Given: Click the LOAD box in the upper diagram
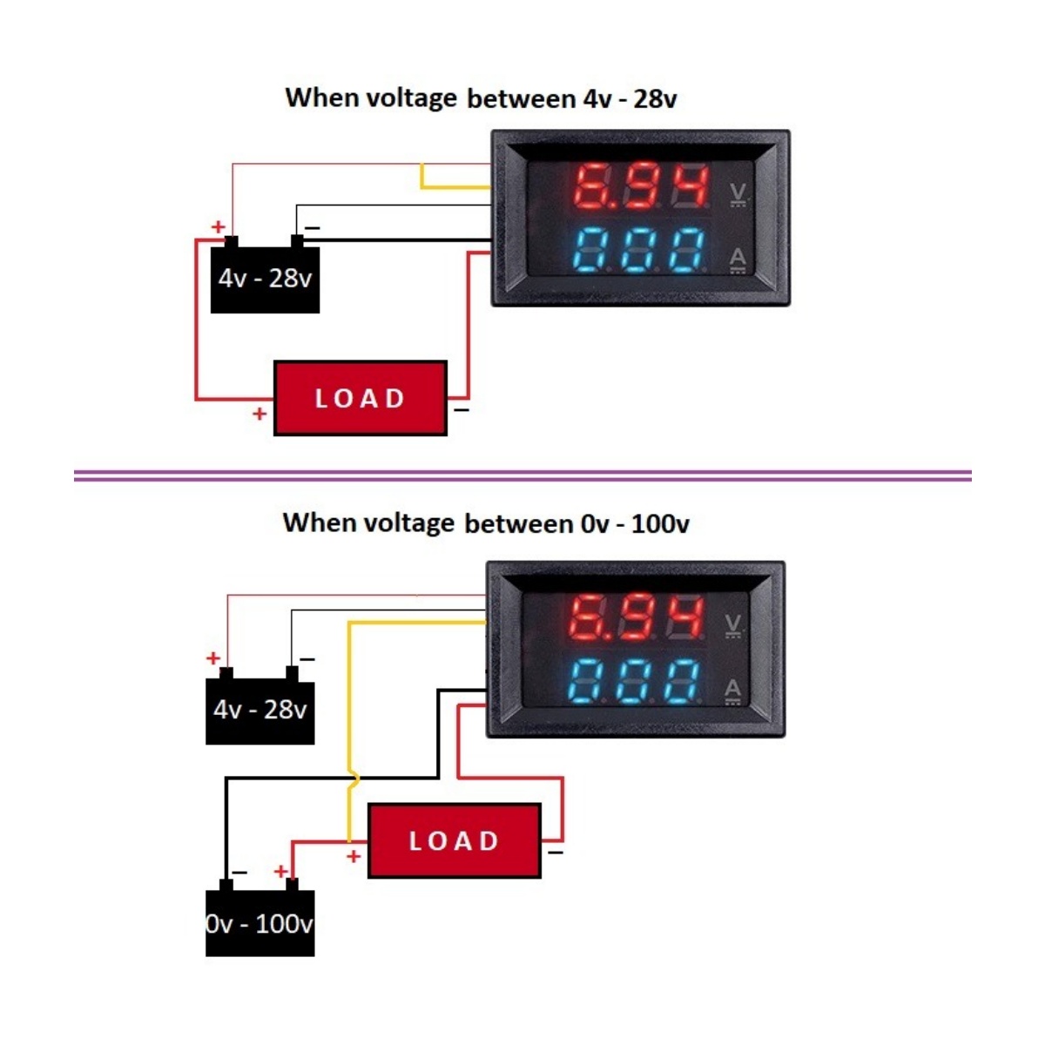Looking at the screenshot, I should coord(360,398).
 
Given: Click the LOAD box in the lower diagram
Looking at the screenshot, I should coord(454,840).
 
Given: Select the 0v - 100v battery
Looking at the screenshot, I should coord(260,923).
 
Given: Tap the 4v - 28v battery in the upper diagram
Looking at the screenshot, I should coord(265,279).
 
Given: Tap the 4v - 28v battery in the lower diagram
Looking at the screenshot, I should coord(260,710).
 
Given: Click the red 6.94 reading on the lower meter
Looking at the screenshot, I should coord(636,618).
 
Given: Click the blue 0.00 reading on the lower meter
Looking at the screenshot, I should coord(636,681).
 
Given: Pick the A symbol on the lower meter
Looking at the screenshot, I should coord(732,690).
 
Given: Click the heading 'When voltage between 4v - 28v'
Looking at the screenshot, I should coord(481,98).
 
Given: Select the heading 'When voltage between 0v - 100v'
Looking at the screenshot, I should coord(486,522).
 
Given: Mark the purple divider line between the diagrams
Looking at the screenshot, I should coord(522,475).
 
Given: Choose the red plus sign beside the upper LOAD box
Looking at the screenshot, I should coord(259,414).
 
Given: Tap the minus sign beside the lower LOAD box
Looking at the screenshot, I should coord(556,852).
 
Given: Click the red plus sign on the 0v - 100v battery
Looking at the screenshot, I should coord(280,871).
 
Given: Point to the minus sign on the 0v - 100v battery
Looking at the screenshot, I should coord(239,871).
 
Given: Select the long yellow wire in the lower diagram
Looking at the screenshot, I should coord(349,714).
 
